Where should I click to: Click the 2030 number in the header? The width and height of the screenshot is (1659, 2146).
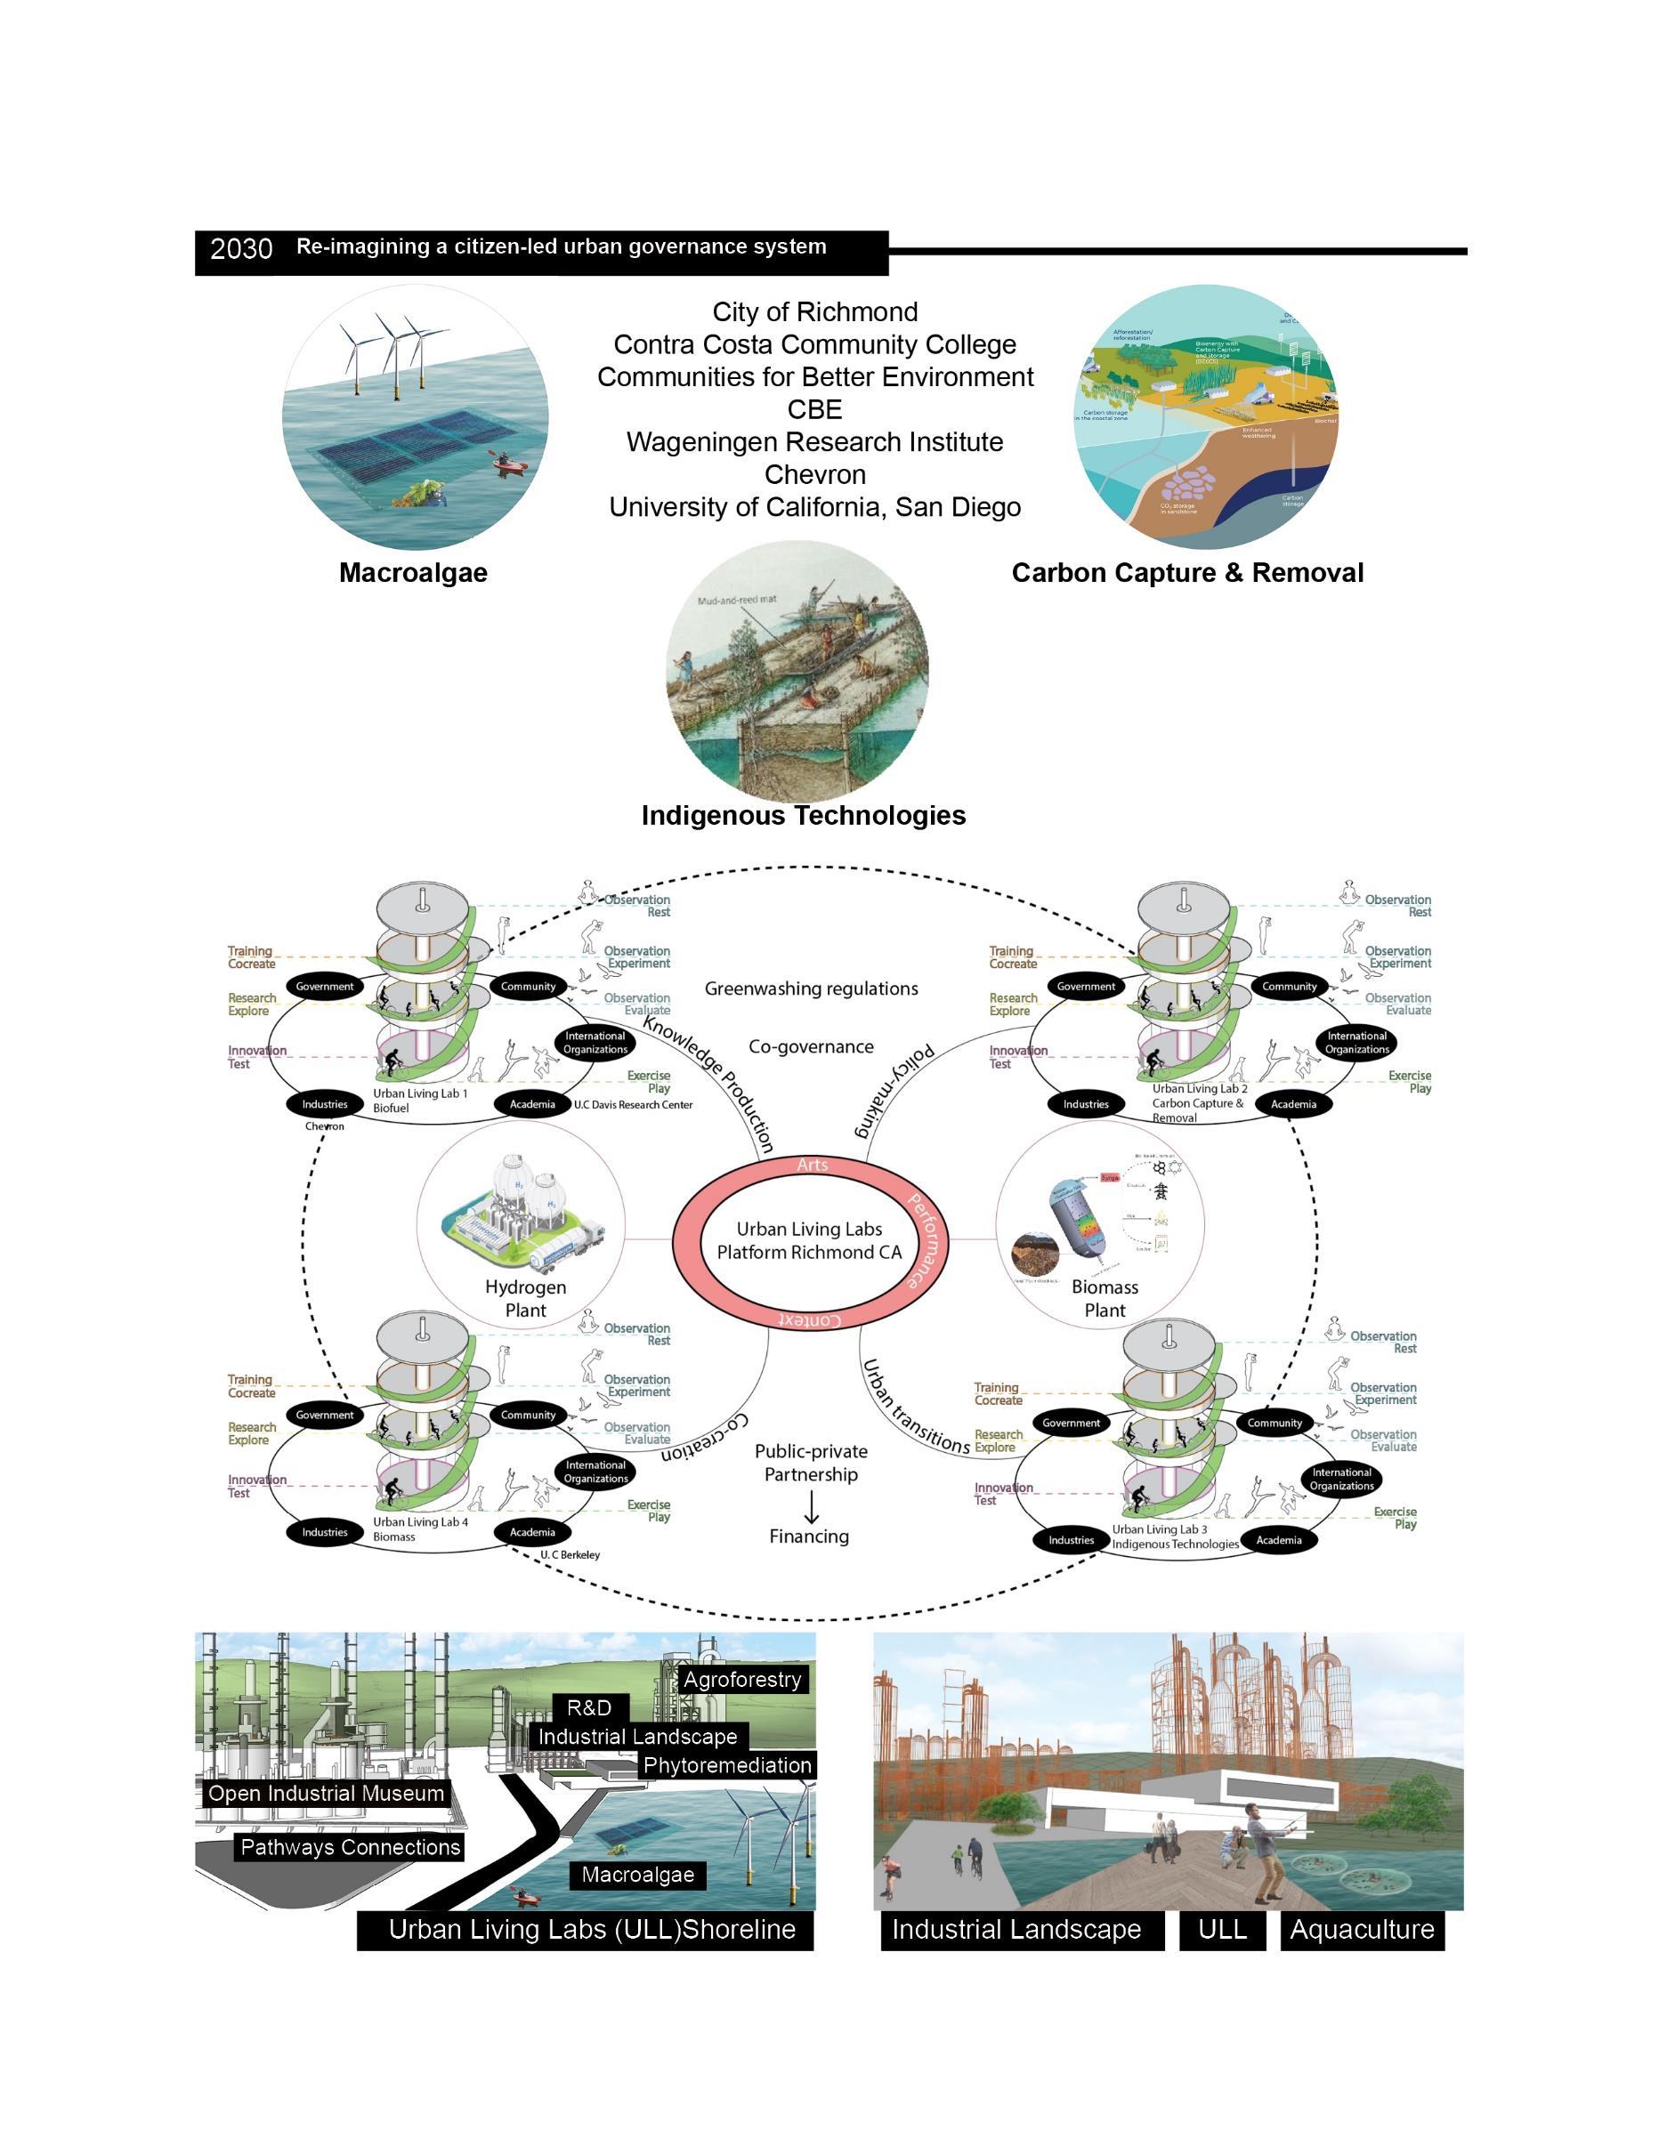tap(241, 248)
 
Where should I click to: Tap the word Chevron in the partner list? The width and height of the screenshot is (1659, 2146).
tap(814, 474)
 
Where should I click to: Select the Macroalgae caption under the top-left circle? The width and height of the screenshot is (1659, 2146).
tap(413, 573)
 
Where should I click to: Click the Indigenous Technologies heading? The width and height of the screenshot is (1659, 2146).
tap(803, 816)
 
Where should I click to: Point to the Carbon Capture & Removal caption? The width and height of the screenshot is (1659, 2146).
tap(1187, 573)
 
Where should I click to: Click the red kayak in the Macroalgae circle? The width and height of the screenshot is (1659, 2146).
tap(503, 460)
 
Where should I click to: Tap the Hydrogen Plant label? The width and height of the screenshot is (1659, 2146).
tap(526, 1298)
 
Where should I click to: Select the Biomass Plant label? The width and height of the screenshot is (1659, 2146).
tap(1105, 1298)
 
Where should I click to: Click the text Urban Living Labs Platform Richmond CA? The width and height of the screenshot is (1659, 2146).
tap(809, 1240)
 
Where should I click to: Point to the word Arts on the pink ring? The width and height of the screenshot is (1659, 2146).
tap(813, 1166)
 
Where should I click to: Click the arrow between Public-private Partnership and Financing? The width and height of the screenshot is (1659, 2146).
tap(811, 1505)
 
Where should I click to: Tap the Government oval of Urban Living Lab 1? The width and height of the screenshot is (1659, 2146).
tap(324, 987)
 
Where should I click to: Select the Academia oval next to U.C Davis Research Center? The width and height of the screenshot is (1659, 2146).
tap(531, 1104)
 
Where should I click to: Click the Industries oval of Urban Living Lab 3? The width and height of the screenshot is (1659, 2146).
tap(1071, 1540)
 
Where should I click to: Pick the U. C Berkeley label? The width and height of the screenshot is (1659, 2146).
tap(569, 1554)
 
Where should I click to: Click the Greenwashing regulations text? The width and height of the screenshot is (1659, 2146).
tap(811, 988)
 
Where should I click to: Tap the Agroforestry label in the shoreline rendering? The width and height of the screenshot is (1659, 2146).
tap(742, 1679)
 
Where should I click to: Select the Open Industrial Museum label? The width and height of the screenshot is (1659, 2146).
tap(327, 1794)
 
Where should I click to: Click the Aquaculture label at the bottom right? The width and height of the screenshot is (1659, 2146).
tap(1361, 1929)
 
